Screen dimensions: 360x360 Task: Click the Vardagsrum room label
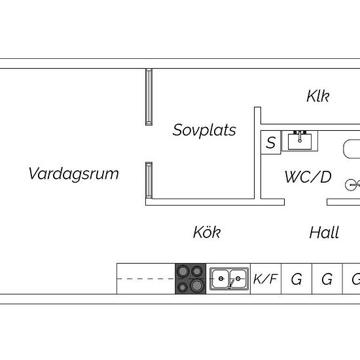(74, 174)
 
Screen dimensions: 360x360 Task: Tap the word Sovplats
(204, 130)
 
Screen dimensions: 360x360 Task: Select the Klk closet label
(318, 96)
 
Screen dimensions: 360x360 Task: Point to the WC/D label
(308, 177)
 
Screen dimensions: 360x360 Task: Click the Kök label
(207, 232)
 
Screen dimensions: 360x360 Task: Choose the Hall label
(324, 232)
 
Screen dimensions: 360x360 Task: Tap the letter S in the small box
(271, 142)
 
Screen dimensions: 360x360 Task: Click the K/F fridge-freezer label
(265, 279)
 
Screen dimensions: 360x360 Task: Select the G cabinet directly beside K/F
(297, 279)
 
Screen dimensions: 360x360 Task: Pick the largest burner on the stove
(197, 285)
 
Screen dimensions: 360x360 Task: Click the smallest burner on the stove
(183, 287)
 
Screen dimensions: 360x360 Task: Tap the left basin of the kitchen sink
(221, 278)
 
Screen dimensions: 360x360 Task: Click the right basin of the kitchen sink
(238, 278)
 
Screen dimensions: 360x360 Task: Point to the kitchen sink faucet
(231, 283)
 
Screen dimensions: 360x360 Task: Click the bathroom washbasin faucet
(300, 137)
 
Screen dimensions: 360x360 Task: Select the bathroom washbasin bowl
(300, 142)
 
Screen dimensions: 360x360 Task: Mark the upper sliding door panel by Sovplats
(149, 97)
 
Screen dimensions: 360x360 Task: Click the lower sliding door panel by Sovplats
(149, 180)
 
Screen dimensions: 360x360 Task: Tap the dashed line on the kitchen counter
(146, 279)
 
